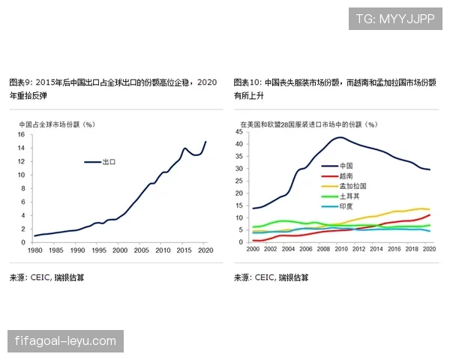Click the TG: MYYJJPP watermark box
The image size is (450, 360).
tap(395, 19)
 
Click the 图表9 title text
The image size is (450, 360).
tap(112, 88)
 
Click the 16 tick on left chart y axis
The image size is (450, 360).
tap(21, 135)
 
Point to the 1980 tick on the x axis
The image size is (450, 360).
tap(34, 250)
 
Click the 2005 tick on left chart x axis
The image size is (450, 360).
tap(141, 250)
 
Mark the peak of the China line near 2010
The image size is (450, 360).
tap(340, 137)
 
